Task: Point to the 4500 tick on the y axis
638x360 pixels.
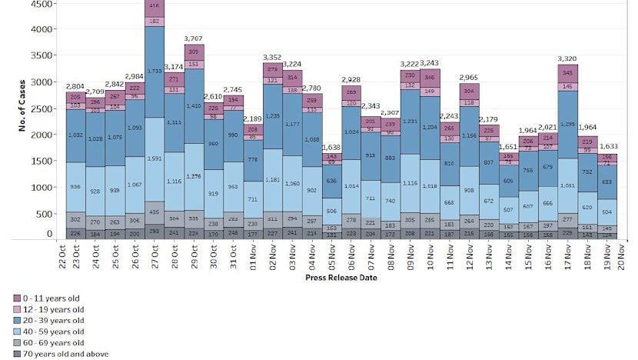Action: (x=42, y=4)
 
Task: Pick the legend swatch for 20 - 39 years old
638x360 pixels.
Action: (x=17, y=320)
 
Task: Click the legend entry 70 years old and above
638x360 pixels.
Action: (x=65, y=354)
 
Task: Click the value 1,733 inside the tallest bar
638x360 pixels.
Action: (x=155, y=71)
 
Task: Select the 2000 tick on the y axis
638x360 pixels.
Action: (x=42, y=135)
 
